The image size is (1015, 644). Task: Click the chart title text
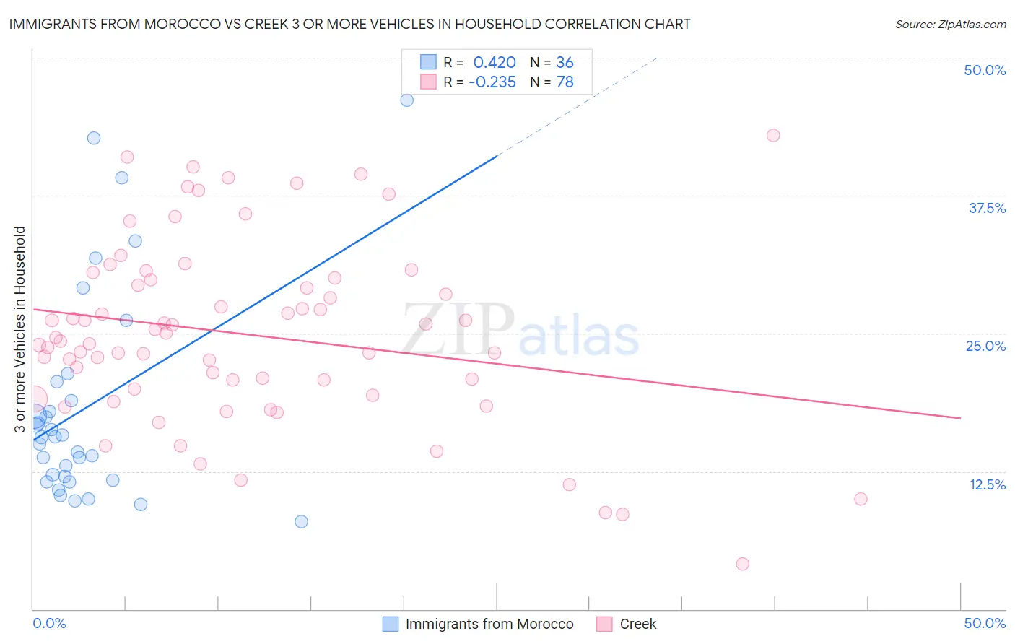(349, 24)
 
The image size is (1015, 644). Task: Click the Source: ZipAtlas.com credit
(950, 24)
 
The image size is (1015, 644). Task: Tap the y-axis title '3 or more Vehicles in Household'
(19, 329)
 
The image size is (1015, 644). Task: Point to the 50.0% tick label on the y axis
(985, 70)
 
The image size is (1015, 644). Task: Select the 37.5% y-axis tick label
(987, 208)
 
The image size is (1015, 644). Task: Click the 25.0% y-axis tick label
(985, 346)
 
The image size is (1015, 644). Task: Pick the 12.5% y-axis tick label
(987, 484)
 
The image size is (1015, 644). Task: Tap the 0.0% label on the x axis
(49, 623)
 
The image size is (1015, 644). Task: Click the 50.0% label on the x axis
(985, 623)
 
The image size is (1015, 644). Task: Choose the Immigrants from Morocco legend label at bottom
(489, 624)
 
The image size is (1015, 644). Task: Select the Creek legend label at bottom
(638, 624)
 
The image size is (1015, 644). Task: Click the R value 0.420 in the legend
(495, 63)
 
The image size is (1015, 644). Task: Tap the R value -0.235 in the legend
(492, 82)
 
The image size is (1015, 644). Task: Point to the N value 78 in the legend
(565, 82)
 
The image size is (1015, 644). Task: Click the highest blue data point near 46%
(407, 100)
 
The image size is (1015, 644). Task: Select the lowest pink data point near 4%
(743, 564)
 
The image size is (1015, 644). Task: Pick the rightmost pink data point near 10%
(861, 499)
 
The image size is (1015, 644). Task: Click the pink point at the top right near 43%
(773, 135)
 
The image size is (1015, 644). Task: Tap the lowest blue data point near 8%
(302, 521)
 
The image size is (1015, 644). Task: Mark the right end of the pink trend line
(960, 418)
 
